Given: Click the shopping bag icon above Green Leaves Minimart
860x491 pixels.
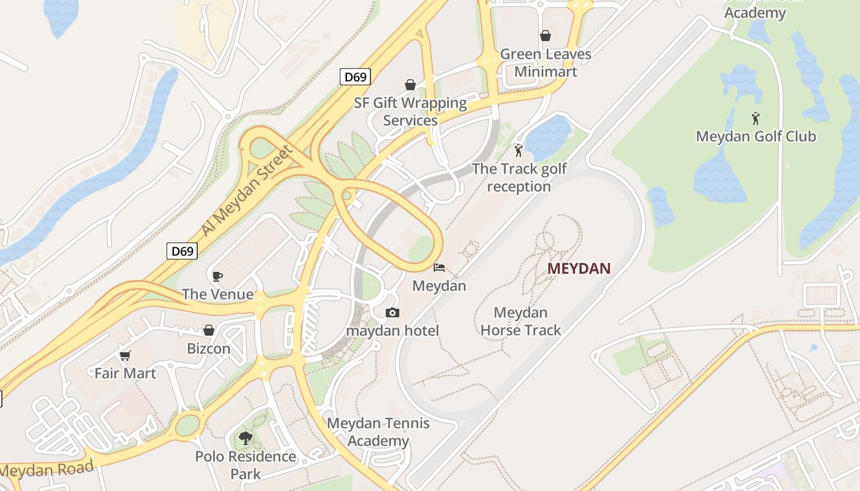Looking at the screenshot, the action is (545, 36).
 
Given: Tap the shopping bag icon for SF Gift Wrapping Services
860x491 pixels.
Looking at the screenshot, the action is (410, 85).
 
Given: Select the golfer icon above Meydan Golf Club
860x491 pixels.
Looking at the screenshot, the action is (756, 118).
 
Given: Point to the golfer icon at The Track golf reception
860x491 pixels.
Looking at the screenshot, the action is (518, 150).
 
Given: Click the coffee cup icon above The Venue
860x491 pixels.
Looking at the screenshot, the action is (217, 276).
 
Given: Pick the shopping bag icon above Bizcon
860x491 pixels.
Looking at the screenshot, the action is (209, 330).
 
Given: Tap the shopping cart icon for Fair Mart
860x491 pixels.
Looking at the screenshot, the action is (125, 355).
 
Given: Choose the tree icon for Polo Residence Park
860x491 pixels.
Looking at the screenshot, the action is (246, 438).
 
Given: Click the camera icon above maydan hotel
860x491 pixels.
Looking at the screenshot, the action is (393, 313).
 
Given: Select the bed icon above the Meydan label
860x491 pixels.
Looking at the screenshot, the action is (439, 268).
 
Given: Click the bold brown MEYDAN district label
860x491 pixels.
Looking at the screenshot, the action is (579, 268).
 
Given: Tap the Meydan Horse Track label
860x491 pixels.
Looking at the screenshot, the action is (520, 322).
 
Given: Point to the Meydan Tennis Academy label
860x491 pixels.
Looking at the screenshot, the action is (378, 432).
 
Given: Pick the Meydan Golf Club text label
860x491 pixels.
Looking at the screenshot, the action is (756, 136).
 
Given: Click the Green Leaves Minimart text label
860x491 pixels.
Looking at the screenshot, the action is (545, 63).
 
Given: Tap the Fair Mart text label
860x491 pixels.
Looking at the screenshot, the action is (125, 373).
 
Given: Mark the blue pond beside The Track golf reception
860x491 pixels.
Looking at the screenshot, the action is (549, 136).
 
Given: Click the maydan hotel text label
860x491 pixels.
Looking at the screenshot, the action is (393, 331).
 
